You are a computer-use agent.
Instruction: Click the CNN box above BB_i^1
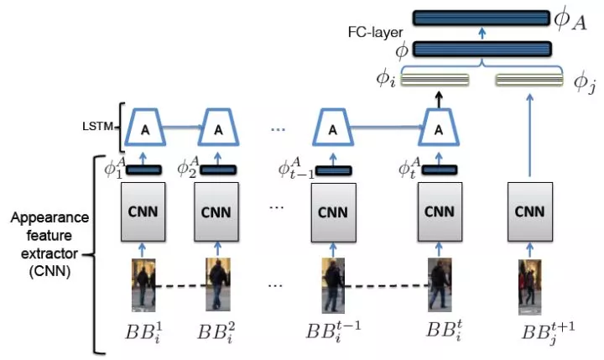pos(144,211)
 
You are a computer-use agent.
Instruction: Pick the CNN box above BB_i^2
pos(218,211)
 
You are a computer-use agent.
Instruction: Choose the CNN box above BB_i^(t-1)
pos(333,211)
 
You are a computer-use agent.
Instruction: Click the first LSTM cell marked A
pos(144,129)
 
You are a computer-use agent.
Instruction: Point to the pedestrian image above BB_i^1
pos(143,285)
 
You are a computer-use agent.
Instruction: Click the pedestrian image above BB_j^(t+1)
pos(529,285)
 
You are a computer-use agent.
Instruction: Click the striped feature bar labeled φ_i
pos(435,81)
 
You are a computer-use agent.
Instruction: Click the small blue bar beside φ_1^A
pos(144,170)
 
